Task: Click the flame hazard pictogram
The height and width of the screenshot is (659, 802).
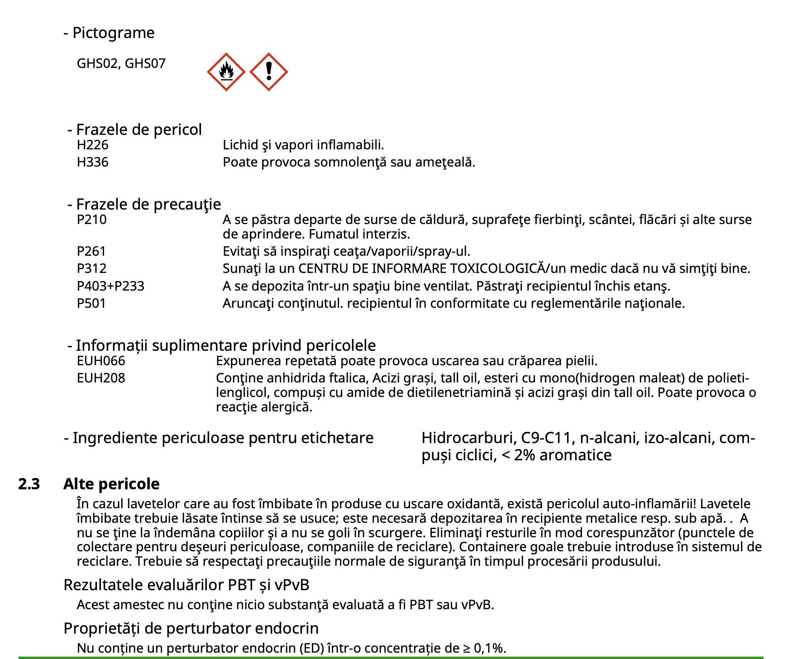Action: [x=226, y=72]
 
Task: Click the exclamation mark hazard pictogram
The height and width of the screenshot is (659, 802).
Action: [x=268, y=72]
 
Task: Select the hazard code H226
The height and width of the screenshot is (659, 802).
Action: [x=92, y=145]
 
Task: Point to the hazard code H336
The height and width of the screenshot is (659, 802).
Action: [x=92, y=162]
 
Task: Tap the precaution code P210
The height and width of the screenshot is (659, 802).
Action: [x=91, y=220]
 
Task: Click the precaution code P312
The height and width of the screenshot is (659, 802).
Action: [x=91, y=268]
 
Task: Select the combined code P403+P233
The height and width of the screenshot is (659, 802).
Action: [x=110, y=286]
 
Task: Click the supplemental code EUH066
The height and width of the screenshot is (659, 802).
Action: [x=100, y=361]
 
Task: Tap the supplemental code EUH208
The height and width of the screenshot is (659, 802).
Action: [x=100, y=378]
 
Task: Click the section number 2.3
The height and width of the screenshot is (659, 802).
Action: [x=29, y=484]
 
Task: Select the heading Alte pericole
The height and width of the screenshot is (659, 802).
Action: [x=111, y=484]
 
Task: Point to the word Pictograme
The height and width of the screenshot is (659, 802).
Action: [x=113, y=33]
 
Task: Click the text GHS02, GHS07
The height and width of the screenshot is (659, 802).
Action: [x=121, y=63]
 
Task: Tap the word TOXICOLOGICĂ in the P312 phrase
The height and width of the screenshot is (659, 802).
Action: [x=497, y=268]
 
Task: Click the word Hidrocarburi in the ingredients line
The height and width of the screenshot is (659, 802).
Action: [x=469, y=438]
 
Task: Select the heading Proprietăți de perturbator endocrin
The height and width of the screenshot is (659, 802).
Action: [x=191, y=628]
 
